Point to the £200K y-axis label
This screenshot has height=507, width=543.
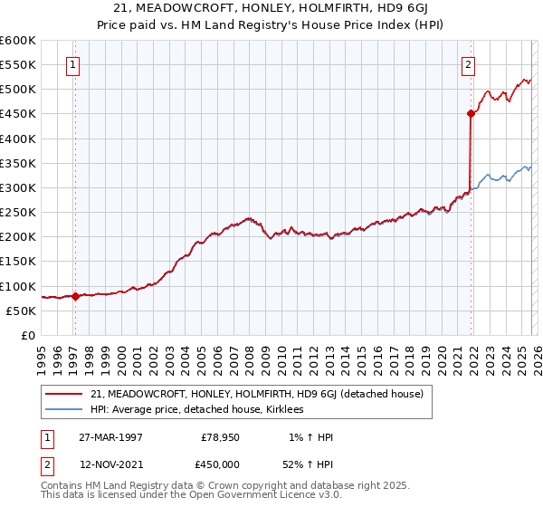(18, 237)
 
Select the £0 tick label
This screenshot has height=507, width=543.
(27, 335)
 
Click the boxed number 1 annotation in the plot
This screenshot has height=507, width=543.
(72, 64)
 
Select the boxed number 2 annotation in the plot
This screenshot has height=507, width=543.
(468, 64)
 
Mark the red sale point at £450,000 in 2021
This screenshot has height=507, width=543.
(471, 114)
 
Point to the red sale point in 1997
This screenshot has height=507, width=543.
(75, 296)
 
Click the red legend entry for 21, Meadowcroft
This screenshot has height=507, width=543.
(262, 394)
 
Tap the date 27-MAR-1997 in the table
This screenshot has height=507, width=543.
(110, 437)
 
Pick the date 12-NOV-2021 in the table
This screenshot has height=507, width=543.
(110, 464)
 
